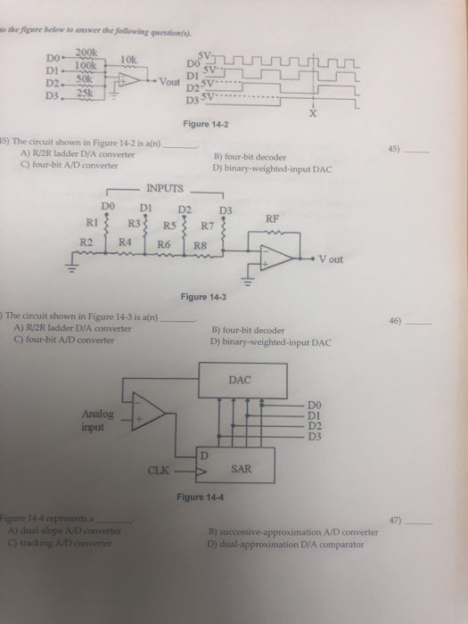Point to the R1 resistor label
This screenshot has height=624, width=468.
point(90,224)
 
